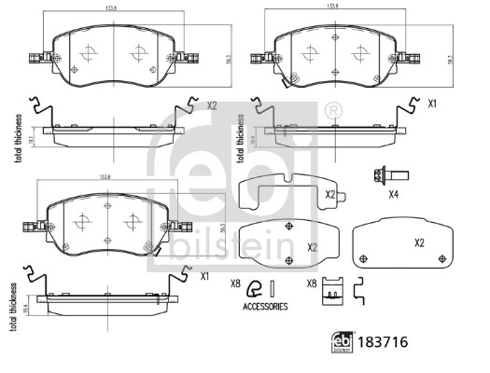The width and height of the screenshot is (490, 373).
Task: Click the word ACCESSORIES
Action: (265, 306)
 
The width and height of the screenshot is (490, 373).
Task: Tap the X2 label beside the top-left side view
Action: (212, 107)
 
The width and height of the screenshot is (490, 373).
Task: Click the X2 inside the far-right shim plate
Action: (419, 242)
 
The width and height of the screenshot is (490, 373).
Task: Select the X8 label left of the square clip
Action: (311, 283)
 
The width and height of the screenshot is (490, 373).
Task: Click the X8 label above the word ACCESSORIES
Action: (235, 283)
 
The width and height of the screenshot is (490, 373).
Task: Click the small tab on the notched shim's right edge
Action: (342, 195)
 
